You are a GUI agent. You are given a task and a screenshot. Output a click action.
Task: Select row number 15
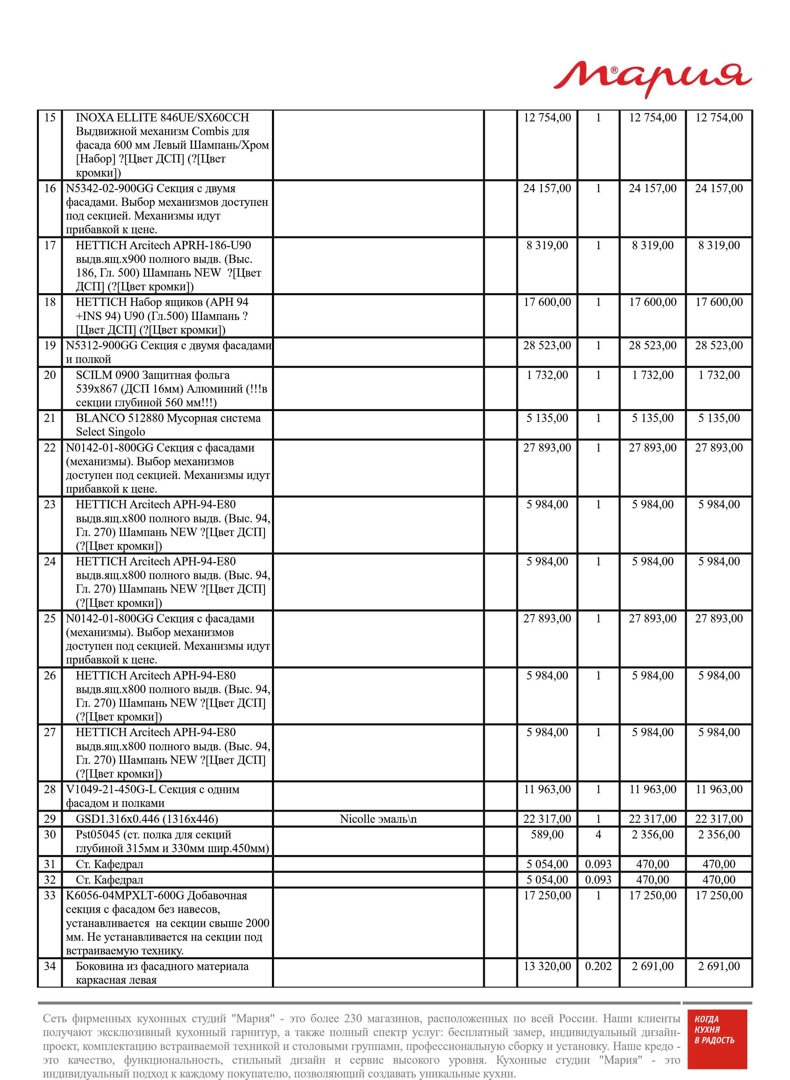coord(50,118)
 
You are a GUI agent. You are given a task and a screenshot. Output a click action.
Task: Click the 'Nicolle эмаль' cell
coord(378,819)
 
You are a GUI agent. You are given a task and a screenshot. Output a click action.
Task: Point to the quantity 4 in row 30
coord(598,835)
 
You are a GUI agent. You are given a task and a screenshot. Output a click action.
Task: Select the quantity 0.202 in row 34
coord(598,966)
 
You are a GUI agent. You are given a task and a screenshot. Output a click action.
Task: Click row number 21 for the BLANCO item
coord(50,418)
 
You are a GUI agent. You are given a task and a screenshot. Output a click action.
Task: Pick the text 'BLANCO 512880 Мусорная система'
coord(168,418)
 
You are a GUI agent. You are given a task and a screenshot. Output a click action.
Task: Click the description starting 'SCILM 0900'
coord(153,375)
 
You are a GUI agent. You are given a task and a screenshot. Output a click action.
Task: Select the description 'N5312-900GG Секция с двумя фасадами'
coord(168,345)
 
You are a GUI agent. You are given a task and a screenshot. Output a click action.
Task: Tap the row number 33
coord(50,895)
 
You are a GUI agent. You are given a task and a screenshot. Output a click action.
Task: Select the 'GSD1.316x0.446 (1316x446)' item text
coord(147,819)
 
